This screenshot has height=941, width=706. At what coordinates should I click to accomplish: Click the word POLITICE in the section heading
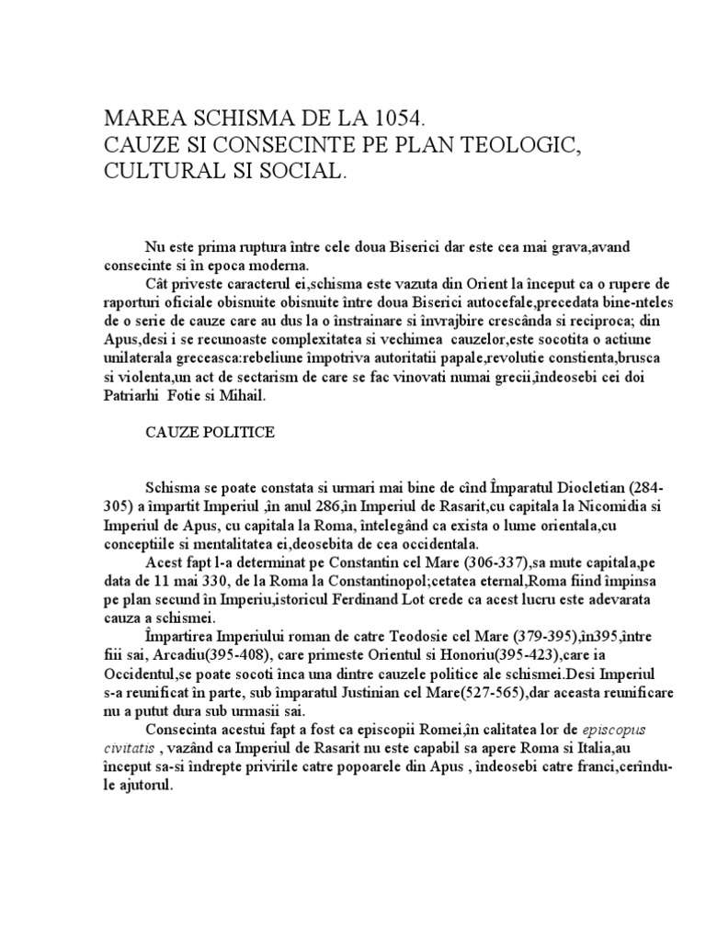point(241,433)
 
